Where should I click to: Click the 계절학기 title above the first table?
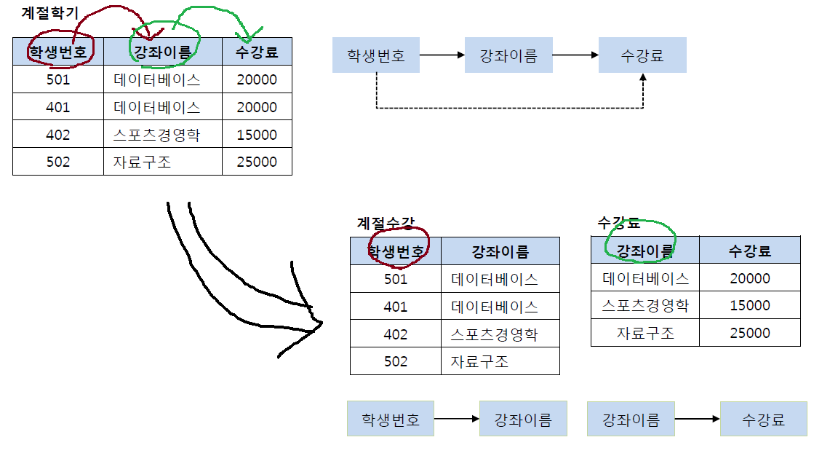49,13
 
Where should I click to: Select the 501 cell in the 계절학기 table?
58,79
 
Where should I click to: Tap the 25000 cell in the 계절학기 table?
257,162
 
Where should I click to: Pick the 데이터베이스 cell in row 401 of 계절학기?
157,107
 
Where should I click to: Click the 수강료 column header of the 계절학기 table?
257,52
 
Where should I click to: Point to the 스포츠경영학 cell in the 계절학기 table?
156,135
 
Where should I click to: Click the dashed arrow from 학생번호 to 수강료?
509,109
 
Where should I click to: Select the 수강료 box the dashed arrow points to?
642,55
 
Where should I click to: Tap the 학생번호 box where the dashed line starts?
376,55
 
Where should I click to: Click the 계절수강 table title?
386,223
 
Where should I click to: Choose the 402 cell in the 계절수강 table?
396,334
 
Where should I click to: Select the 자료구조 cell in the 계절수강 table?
479,361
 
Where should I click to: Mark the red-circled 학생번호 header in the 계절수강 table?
396,252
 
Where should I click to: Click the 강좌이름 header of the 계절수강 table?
500,252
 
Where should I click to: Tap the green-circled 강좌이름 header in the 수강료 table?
645,251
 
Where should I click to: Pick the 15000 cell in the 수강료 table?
749,305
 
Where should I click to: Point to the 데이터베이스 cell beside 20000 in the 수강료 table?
645,278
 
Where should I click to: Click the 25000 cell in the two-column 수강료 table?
749,333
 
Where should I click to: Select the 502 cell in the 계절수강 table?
396,361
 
